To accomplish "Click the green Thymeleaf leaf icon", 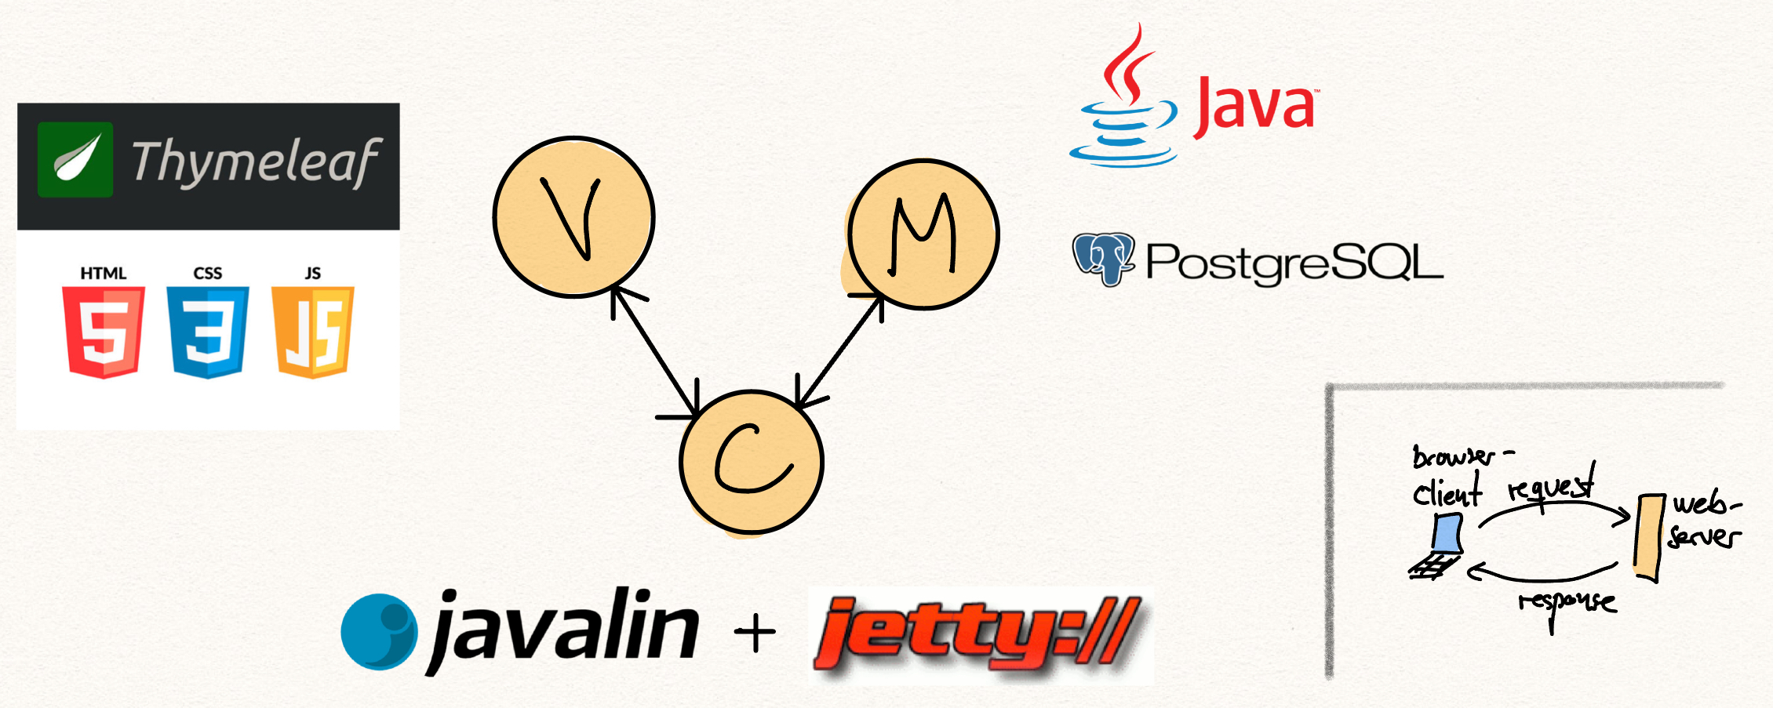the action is click(x=75, y=159).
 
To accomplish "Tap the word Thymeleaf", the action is click(x=256, y=162).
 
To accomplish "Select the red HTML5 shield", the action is click(x=104, y=332).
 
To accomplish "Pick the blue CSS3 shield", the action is click(x=208, y=332).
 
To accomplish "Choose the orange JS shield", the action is click(x=313, y=332).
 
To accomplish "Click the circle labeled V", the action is click(x=574, y=217).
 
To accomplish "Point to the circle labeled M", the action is click(x=923, y=234).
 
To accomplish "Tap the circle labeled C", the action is click(x=752, y=463).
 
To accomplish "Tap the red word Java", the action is click(x=1255, y=107).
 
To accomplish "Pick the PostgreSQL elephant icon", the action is click(x=1103, y=259).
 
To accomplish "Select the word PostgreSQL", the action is click(x=1294, y=262).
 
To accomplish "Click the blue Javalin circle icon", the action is click(x=379, y=632).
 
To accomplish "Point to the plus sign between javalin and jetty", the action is click(x=755, y=632).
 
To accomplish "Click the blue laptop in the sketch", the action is click(x=1437, y=546).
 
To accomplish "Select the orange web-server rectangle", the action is click(x=1649, y=538).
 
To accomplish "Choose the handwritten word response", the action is click(x=1567, y=605).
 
